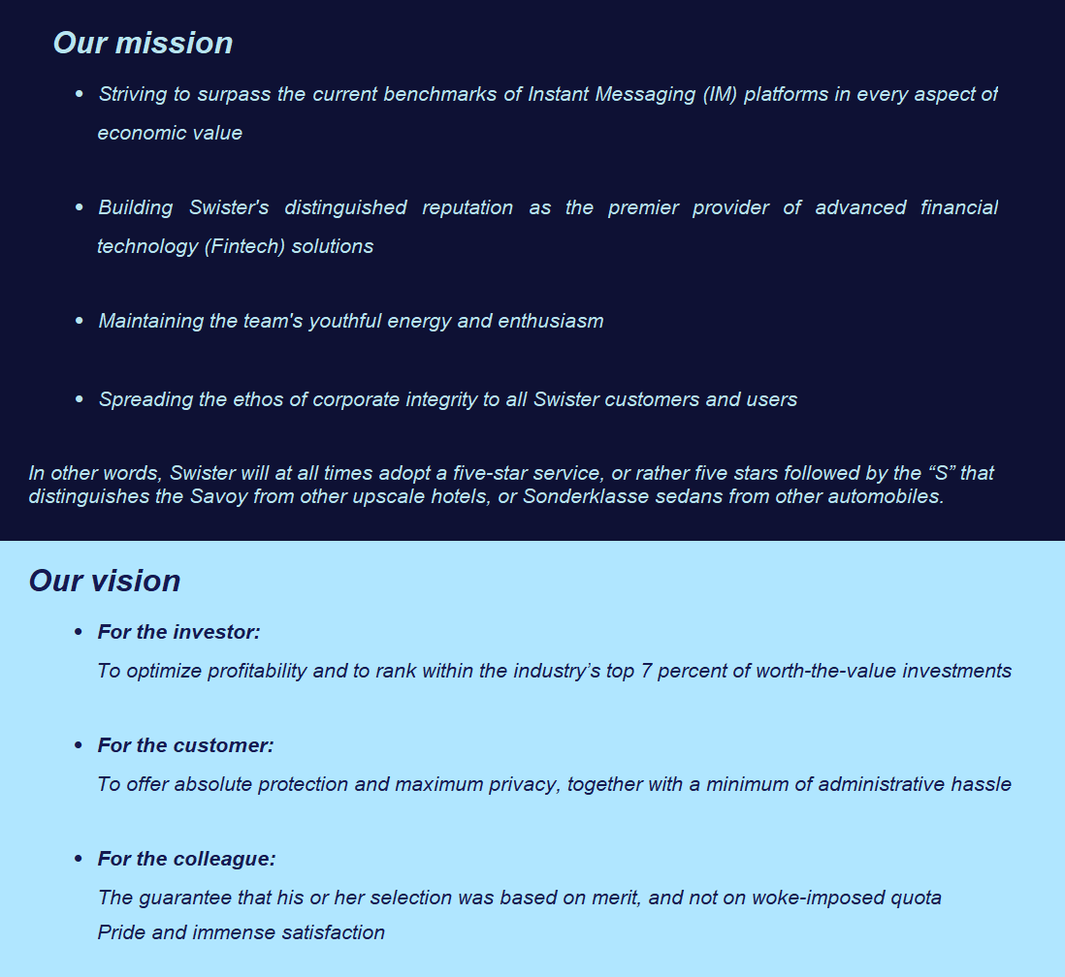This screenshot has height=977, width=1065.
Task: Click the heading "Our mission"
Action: (143, 43)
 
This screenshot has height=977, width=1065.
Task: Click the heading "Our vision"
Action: (105, 581)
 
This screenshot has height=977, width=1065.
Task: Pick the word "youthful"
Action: (345, 321)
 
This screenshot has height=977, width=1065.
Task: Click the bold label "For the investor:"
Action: (178, 632)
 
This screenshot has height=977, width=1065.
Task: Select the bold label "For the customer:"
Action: (185, 745)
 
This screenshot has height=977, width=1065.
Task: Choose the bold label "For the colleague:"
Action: (186, 859)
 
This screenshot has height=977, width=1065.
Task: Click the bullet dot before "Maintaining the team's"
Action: (80, 321)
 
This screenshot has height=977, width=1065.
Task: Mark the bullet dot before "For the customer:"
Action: (79, 745)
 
